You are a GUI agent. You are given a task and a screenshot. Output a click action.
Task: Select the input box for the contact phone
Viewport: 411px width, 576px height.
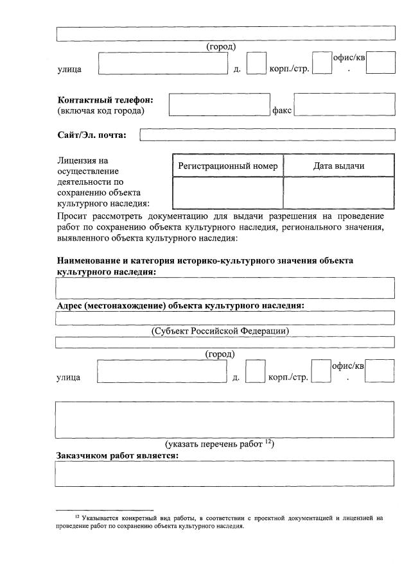[220, 105]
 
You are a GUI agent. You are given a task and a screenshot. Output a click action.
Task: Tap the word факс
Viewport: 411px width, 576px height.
[282, 110]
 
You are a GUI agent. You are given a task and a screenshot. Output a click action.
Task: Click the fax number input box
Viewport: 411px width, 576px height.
[344, 105]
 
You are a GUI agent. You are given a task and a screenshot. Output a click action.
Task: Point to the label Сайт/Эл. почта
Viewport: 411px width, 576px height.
[92, 135]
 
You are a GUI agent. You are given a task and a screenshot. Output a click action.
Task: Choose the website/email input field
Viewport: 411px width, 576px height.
[267, 135]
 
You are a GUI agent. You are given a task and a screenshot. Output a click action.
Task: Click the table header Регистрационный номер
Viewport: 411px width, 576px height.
[228, 166]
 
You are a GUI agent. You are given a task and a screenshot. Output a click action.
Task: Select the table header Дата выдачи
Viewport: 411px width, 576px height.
[338, 166]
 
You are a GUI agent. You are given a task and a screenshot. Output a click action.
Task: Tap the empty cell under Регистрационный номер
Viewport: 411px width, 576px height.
[228, 193]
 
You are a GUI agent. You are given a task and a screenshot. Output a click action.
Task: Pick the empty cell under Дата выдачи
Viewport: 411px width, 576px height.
[338, 193]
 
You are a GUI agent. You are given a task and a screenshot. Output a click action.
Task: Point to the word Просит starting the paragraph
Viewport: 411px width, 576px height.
[73, 215]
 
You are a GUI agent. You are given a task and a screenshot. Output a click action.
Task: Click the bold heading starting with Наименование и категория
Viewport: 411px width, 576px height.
[205, 261]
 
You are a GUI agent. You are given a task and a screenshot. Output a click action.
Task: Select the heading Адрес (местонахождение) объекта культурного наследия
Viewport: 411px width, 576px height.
[180, 305]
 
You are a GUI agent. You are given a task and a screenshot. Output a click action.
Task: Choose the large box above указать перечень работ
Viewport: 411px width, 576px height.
[225, 419]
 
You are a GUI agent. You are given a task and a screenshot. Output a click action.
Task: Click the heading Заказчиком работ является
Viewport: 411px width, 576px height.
[118, 455]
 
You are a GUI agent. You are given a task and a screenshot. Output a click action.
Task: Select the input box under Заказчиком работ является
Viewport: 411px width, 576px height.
[225, 473]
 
